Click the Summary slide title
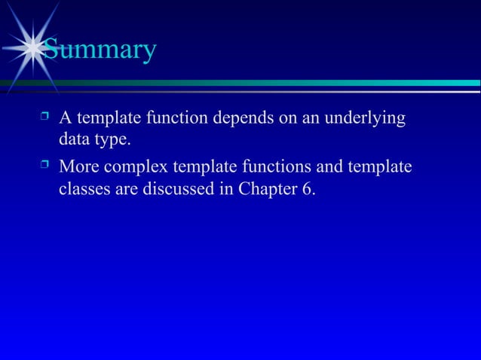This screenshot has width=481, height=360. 99,50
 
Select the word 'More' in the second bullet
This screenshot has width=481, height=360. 80,165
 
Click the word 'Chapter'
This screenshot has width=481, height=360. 268,189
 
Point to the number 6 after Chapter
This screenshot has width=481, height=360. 308,189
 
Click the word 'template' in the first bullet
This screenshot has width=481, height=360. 108,119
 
